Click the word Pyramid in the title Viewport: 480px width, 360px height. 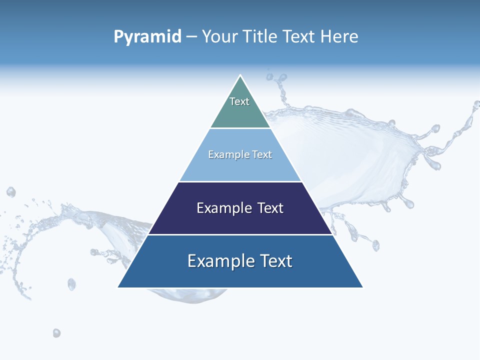[x=147, y=37]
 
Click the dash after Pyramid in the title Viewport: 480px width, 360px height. [x=191, y=37]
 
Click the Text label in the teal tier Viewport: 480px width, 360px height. [x=239, y=101]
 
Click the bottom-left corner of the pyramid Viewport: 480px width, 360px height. [x=118, y=287]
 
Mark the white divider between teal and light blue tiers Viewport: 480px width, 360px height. [x=240, y=128]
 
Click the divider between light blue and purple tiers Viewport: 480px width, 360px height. [x=240, y=181]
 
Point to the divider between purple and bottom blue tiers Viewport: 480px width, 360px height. [x=240, y=234]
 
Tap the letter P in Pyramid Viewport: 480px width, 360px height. [x=118, y=36]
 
